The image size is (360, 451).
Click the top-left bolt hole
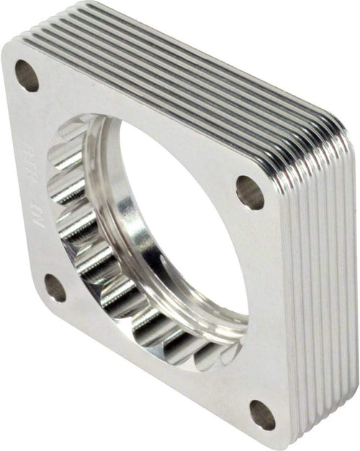(26, 75)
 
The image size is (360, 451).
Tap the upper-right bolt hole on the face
(250, 192)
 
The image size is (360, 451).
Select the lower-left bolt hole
(55, 287)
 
